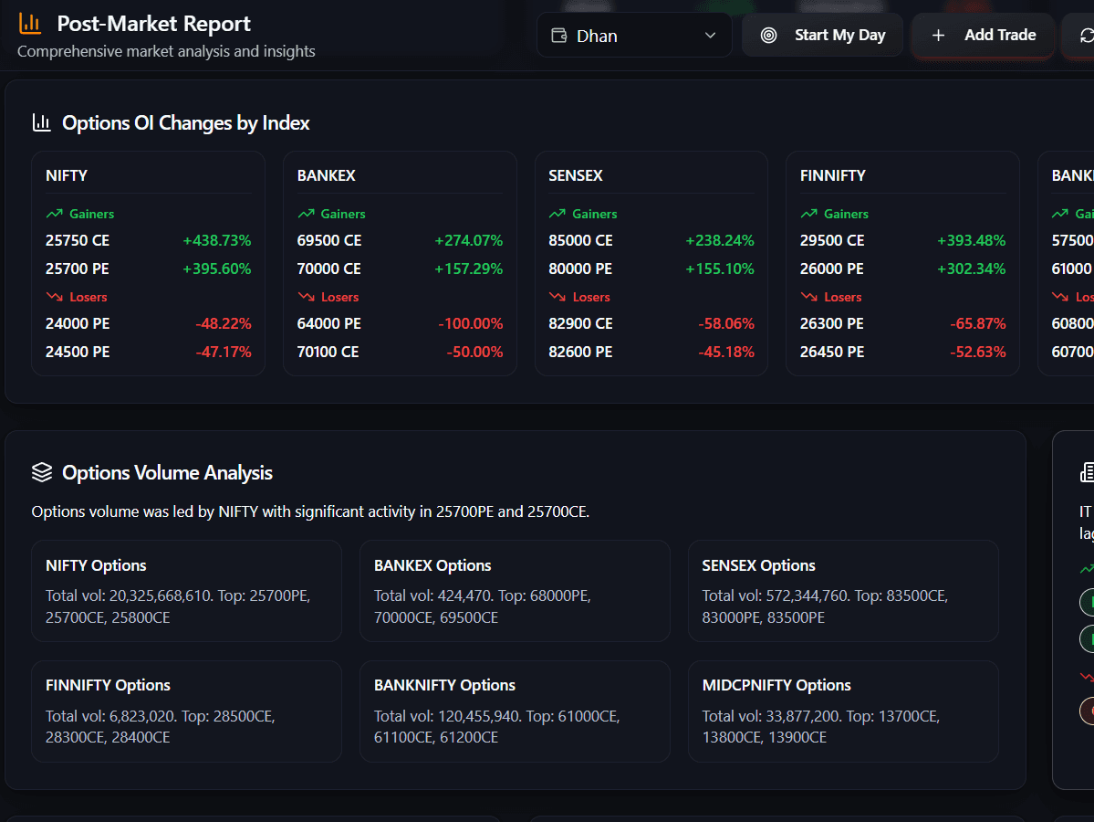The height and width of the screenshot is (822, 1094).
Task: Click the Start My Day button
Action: coord(822,36)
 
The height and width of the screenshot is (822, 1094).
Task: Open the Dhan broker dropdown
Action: coord(634,36)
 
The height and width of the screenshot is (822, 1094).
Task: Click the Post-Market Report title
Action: coord(153,24)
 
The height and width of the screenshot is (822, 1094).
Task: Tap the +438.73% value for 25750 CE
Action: coord(216,241)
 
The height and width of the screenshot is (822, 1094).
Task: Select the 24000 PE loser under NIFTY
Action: coord(78,324)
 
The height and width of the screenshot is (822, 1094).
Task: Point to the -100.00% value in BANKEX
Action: coord(470,324)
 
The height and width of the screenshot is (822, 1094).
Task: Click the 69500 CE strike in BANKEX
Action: coord(329,241)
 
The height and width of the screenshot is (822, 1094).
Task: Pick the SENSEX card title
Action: coord(576,175)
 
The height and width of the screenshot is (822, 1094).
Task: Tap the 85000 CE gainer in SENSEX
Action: coord(580,241)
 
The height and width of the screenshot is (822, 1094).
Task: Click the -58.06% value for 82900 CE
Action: coord(726,324)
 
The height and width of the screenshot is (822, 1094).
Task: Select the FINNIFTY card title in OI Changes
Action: coord(832,175)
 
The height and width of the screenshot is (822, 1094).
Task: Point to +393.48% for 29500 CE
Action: coord(971,241)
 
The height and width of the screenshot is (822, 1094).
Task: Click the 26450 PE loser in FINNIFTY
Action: coord(831,353)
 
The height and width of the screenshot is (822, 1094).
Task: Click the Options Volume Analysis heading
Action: coord(167,473)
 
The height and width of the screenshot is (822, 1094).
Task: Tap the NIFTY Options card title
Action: coord(96,566)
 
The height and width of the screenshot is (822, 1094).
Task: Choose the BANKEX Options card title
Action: coord(432,566)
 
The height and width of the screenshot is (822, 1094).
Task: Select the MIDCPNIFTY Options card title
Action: coord(776,686)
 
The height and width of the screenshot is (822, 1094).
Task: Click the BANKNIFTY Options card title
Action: coord(444,686)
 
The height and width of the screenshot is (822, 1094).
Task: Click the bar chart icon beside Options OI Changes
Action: coord(41,122)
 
